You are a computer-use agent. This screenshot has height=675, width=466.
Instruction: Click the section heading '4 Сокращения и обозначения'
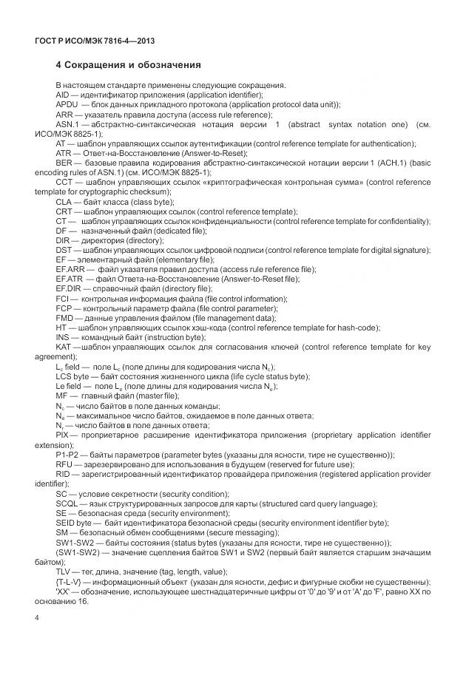pyautogui.click(x=128, y=66)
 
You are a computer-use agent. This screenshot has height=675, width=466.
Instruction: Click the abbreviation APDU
pyautogui.click(x=67, y=105)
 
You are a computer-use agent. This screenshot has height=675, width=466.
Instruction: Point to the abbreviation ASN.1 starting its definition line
pyautogui.click(x=68, y=124)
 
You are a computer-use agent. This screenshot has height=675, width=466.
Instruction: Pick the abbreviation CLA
pyautogui.click(x=64, y=201)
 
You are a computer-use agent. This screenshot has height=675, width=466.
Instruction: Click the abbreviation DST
pyautogui.click(x=64, y=250)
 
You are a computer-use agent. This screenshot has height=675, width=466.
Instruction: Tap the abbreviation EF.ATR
pyautogui.click(x=69, y=279)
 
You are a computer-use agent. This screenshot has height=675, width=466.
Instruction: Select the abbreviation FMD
pyautogui.click(x=65, y=317)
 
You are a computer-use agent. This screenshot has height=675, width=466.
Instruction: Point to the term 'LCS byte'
pyautogui.click(x=73, y=376)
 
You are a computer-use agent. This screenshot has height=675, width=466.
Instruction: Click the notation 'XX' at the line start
pyautogui.click(x=63, y=591)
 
